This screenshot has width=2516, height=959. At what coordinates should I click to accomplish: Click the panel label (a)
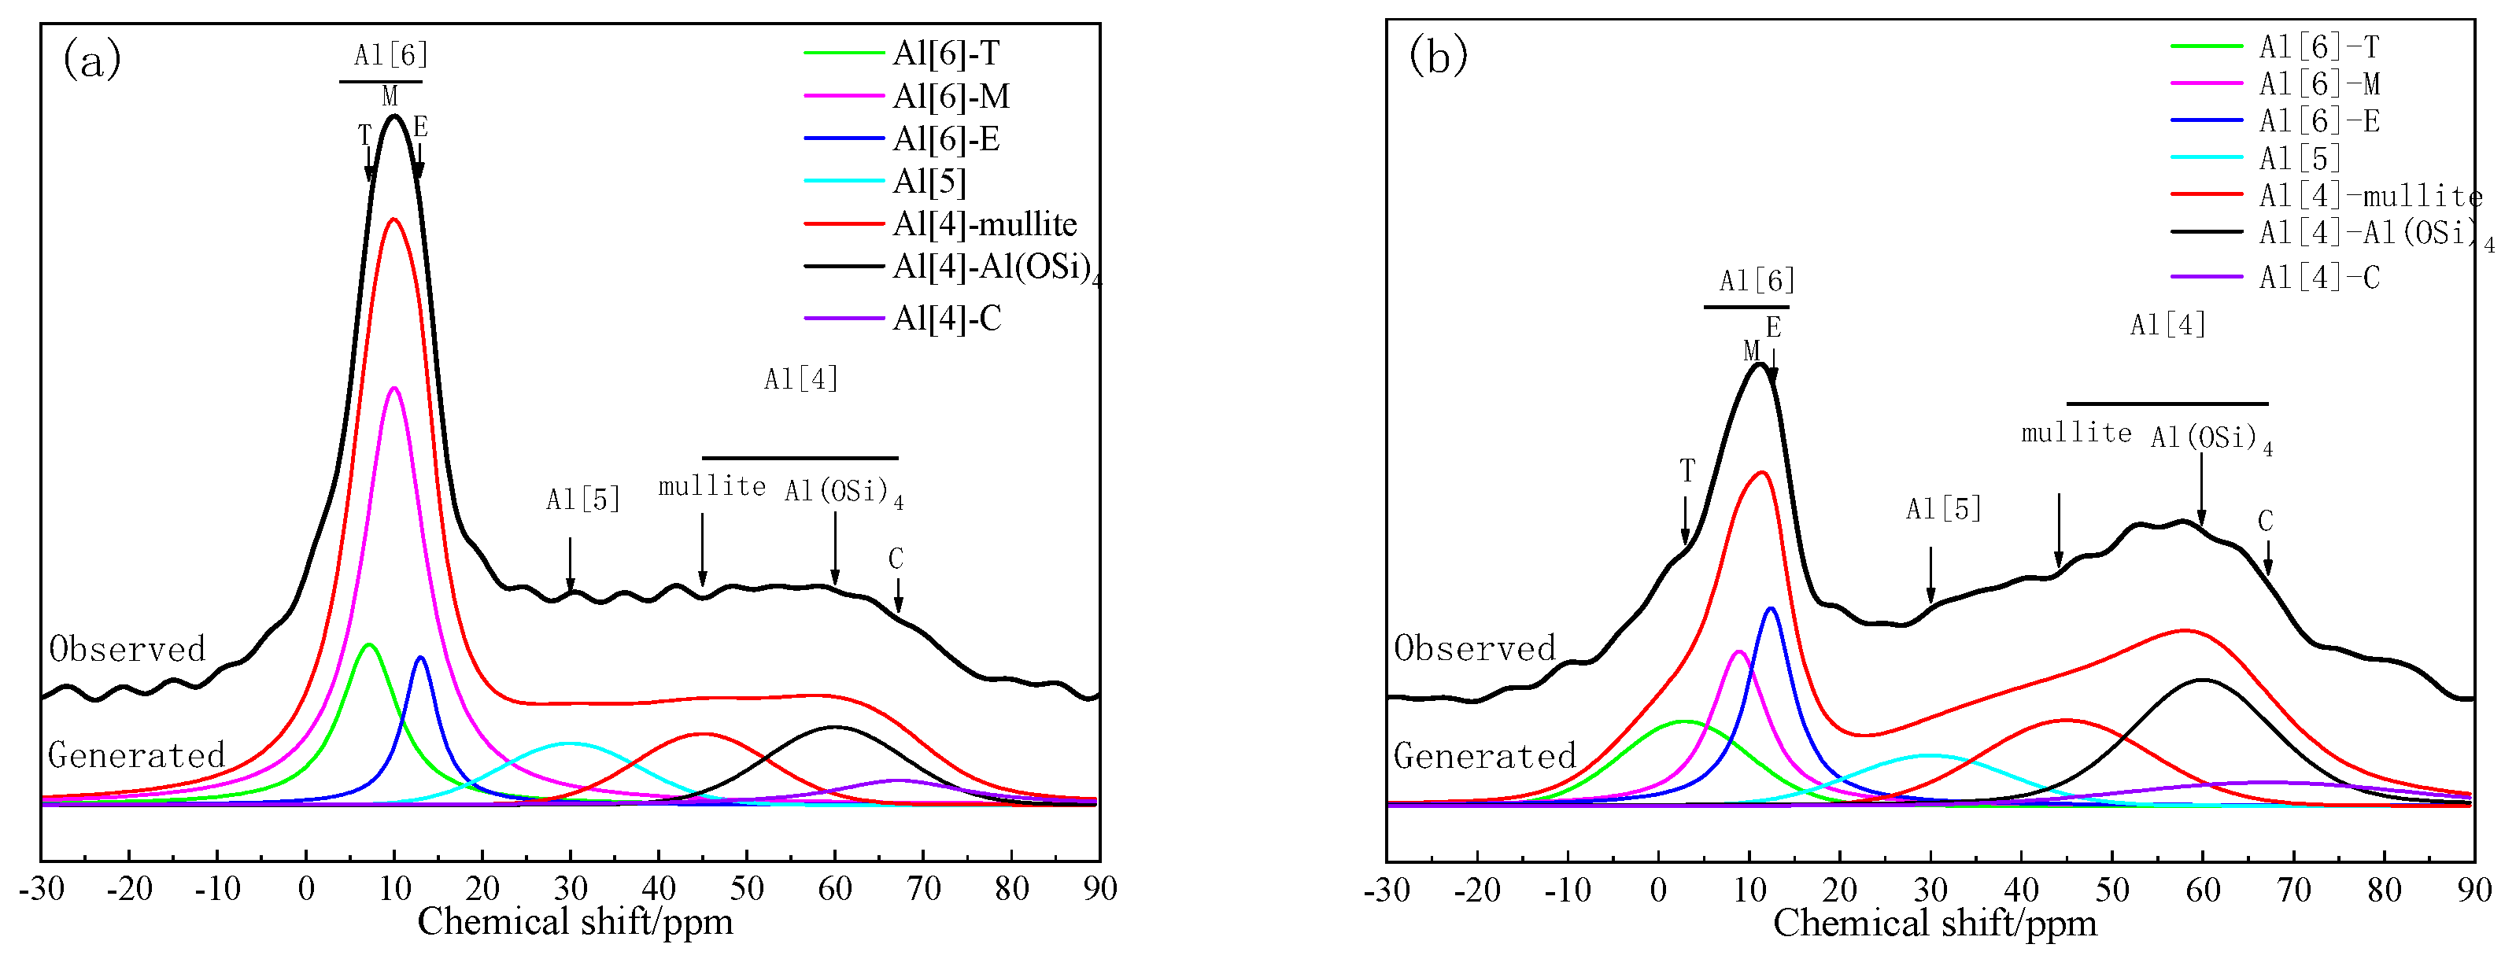[92, 61]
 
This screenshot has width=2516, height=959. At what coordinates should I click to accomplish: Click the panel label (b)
[1438, 57]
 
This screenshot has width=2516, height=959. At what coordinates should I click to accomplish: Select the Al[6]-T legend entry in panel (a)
[945, 53]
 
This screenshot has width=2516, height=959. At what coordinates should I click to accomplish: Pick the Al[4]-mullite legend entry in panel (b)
[2370, 195]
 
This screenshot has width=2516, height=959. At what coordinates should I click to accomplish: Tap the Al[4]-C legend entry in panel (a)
[945, 319]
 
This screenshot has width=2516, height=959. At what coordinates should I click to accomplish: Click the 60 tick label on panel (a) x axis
[835, 889]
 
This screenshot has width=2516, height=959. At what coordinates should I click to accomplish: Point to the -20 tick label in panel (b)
[1476, 891]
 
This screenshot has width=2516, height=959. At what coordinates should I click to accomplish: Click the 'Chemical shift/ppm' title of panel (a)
[575, 922]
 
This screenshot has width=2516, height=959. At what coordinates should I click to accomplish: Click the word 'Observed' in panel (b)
[1475, 648]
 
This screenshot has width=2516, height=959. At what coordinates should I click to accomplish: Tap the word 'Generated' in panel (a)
[137, 755]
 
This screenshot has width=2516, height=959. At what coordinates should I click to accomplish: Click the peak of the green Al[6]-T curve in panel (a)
[368, 644]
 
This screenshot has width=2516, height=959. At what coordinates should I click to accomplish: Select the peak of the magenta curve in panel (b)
[1738, 651]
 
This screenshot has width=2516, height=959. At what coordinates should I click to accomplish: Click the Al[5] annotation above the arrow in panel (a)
[583, 500]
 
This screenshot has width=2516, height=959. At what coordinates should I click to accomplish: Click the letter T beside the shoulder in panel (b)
[1687, 472]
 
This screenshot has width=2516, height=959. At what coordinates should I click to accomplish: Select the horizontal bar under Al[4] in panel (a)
[800, 457]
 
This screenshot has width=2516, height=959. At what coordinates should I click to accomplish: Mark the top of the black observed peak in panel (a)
[394, 116]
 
